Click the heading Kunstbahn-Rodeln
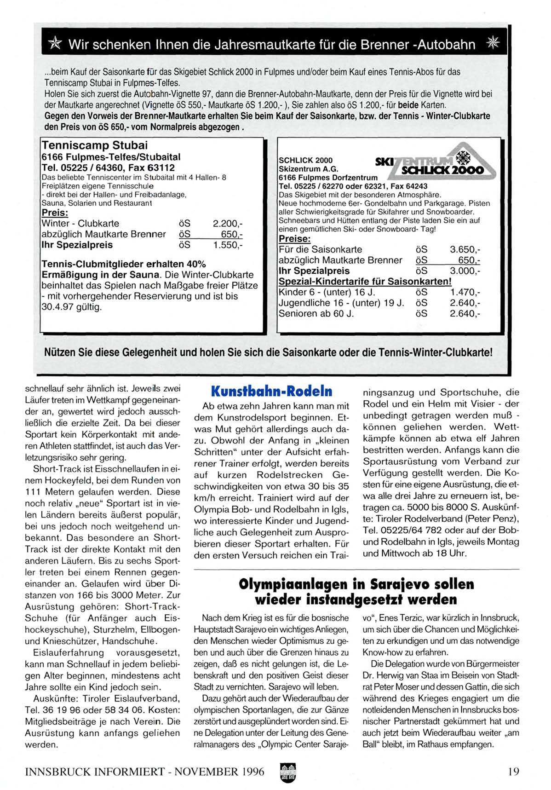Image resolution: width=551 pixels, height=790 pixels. [271, 392]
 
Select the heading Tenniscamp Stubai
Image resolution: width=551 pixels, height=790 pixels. [95, 145]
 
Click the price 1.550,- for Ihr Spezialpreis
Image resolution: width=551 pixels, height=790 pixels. [228, 245]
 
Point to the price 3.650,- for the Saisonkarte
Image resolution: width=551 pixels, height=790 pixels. [465, 249]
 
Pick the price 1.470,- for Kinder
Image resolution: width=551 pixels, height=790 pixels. [465, 292]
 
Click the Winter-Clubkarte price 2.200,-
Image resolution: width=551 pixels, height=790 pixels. [228, 224]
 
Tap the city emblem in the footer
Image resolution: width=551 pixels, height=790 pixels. [288, 771]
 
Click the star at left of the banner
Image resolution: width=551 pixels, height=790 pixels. [55, 45]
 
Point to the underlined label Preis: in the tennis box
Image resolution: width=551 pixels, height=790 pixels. [55, 213]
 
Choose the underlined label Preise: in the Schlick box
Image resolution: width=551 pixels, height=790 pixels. [295, 239]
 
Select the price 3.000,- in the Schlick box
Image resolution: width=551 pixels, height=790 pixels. [465, 271]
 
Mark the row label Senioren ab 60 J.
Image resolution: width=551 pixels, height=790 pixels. [316, 313]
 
